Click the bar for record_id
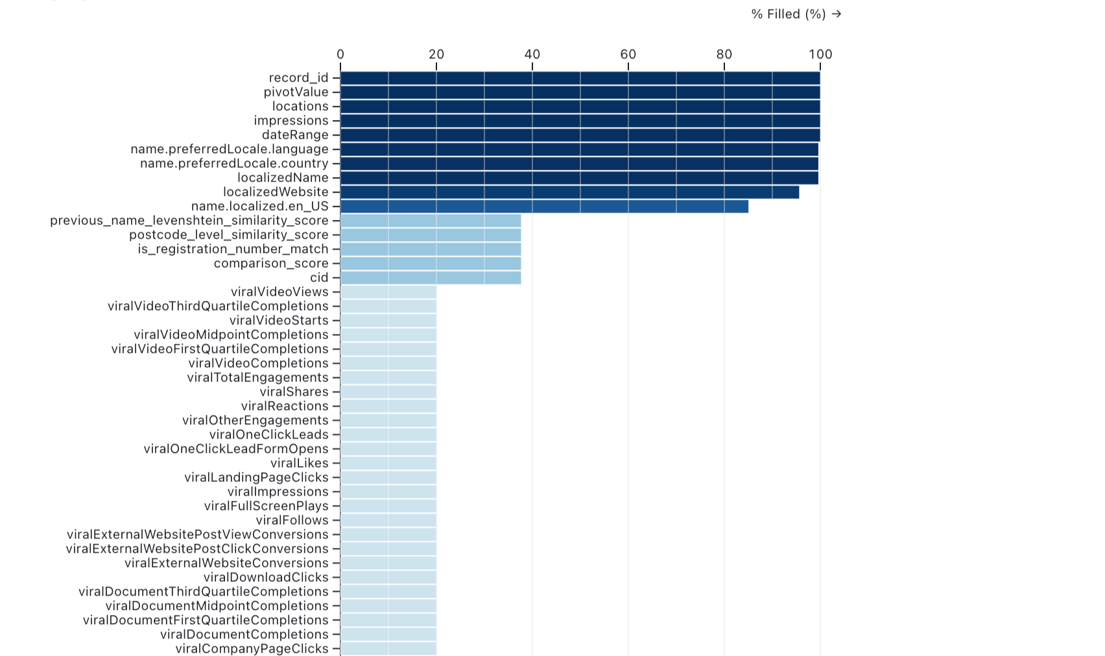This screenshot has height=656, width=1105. pyautogui.click(x=580, y=78)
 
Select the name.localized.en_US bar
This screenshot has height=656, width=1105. pyautogui.click(x=544, y=206)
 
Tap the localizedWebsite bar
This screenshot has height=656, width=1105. pyautogui.click(x=569, y=192)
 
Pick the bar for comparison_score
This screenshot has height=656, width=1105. pyautogui.click(x=431, y=263)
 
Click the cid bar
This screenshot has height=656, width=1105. pyautogui.click(x=431, y=278)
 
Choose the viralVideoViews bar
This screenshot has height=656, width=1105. pyautogui.click(x=388, y=292)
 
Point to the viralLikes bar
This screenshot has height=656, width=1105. pyautogui.click(x=388, y=463)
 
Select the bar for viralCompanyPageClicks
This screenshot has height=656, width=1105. pyautogui.click(x=388, y=649)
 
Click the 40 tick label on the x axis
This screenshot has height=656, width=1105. pyautogui.click(x=532, y=55)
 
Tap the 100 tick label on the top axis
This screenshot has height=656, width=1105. pyautogui.click(x=820, y=55)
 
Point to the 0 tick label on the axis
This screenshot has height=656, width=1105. pyautogui.click(x=340, y=55)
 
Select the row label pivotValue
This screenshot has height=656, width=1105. pyautogui.click(x=296, y=92)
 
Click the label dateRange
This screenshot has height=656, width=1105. pyautogui.click(x=295, y=135)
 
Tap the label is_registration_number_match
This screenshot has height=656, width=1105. pyautogui.click(x=233, y=249)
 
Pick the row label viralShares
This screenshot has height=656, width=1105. pyautogui.click(x=294, y=392)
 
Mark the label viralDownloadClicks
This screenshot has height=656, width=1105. pyautogui.click(x=266, y=577)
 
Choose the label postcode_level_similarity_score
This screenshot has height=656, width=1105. pyautogui.click(x=228, y=235)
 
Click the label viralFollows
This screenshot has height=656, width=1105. pyautogui.click(x=292, y=520)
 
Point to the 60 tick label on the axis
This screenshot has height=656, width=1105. pyautogui.click(x=628, y=55)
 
